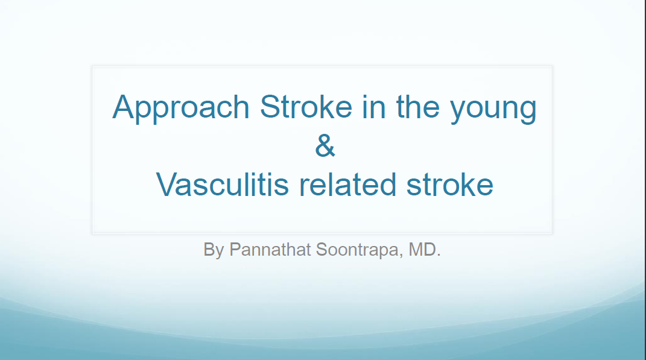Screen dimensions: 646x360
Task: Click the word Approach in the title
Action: coord(181,108)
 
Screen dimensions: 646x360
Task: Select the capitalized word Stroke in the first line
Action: coord(306,107)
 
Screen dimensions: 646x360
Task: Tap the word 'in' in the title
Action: coord(374,107)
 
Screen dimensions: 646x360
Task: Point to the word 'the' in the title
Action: coord(418,107)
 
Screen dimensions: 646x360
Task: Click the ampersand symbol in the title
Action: coord(325,145)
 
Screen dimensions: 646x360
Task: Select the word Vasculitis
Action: coord(223,184)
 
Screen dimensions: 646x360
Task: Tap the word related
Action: coord(347,184)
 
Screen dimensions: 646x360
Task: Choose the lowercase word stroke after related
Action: coord(450,184)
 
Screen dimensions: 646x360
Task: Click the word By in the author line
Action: coord(214,250)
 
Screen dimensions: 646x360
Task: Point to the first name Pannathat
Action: coord(270,249)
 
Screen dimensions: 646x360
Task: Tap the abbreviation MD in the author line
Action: coord(422,249)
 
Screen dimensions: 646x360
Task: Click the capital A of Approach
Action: coord(124,107)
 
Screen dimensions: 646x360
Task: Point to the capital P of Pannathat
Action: coord(235,249)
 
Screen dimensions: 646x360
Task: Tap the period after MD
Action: coord(439,255)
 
